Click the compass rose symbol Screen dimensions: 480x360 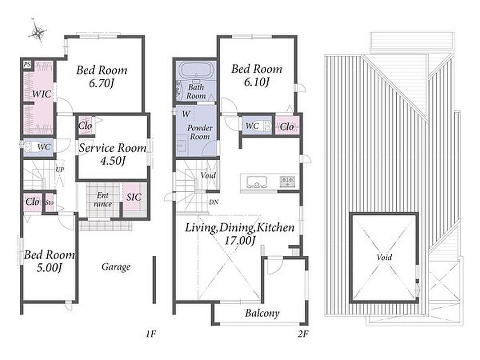38,31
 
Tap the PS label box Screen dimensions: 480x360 27,64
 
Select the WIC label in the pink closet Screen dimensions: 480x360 41,94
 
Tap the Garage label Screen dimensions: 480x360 116,267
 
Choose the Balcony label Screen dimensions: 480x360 262,313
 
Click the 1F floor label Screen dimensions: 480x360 151,334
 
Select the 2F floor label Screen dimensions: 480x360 303,334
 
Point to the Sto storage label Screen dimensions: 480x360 49,202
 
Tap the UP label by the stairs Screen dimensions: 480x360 60,169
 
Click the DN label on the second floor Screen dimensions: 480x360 213,202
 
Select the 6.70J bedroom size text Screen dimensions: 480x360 101,84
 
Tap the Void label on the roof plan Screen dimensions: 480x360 384,257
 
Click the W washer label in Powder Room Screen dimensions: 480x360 186,114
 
